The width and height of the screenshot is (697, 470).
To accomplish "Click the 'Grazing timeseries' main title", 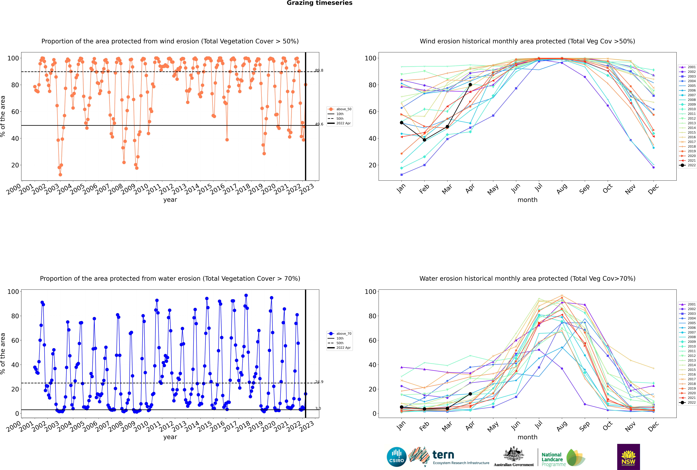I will click(x=319, y=3).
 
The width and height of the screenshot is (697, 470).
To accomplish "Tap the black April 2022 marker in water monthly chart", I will click(x=470, y=394).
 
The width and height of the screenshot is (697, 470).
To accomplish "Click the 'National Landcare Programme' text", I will click(x=552, y=459).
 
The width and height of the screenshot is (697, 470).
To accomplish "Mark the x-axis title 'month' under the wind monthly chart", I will click(x=527, y=200).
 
